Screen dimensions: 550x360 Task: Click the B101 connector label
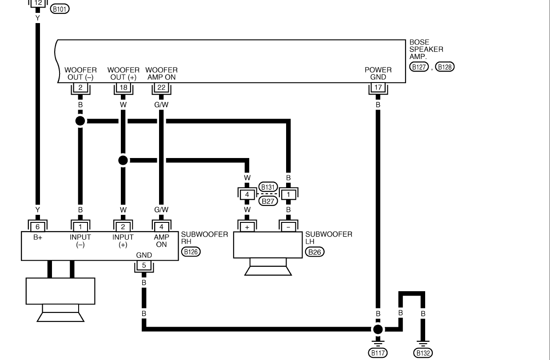pos(60,9)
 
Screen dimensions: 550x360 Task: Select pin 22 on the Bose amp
pos(161,87)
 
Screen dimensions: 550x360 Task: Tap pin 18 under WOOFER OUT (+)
pos(123,87)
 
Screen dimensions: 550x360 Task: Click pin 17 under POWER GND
pos(378,87)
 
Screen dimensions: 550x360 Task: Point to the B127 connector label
pos(419,67)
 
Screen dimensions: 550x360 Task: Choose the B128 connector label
pos(445,67)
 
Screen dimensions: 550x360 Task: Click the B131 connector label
pos(268,187)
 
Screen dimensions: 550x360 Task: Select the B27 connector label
pos(268,201)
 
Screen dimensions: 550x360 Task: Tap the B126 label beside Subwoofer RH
pos(191,252)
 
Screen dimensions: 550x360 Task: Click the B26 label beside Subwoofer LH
pos(315,252)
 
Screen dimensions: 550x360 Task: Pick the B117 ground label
pos(378,353)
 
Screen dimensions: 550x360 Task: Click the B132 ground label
pos(423,353)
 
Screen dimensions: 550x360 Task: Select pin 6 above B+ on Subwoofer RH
pos(38,227)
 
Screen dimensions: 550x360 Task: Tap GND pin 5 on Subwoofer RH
pos(144,265)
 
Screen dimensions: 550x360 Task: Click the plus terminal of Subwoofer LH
pos(247,227)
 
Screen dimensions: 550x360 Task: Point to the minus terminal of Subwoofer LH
pos(288,227)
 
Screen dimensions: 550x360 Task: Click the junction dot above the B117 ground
pos(378,329)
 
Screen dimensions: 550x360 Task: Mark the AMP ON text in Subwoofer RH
pos(161,241)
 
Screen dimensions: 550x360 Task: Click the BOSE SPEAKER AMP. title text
pos(426,49)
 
